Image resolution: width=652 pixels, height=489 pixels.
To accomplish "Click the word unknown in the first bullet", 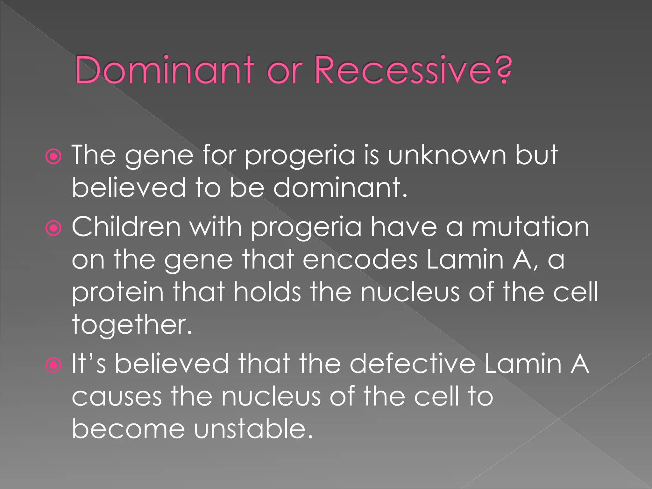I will [x=447, y=155].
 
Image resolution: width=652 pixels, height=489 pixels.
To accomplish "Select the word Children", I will [x=126, y=227].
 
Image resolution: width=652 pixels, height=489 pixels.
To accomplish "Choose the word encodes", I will [x=360, y=260].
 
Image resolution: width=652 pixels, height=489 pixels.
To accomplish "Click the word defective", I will [x=412, y=364].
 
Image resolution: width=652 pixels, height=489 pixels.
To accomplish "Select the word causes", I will [x=117, y=397].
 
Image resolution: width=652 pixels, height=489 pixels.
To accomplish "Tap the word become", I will [x=128, y=429].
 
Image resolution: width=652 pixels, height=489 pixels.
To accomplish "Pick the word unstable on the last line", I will [x=253, y=429].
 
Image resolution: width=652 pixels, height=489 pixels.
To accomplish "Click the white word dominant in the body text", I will [x=340, y=188].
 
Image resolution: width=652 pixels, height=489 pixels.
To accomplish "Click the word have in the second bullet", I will [x=404, y=227].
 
